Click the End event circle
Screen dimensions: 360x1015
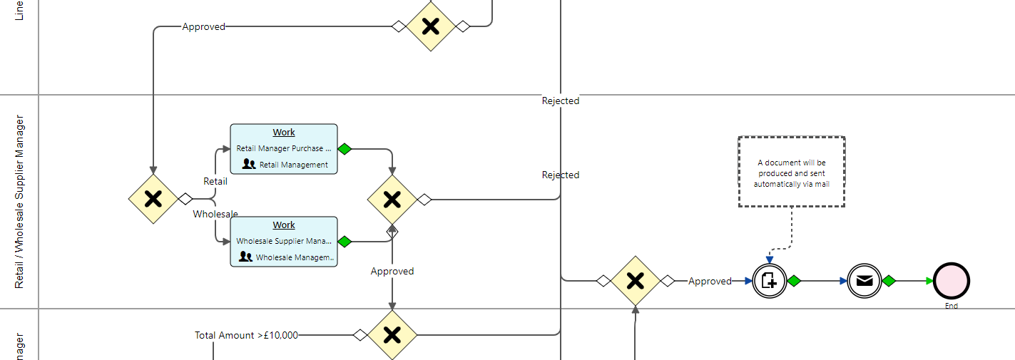(952, 281)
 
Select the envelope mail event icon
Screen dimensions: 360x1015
(864, 281)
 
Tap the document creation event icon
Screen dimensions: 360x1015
(769, 281)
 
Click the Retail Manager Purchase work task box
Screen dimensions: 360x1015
(283, 149)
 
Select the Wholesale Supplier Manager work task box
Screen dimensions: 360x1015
(283, 242)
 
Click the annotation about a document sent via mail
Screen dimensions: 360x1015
(791, 173)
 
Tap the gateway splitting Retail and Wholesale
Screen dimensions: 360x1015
(153, 199)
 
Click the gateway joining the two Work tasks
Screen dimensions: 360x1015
(392, 200)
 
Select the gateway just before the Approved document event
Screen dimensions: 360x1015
(635, 281)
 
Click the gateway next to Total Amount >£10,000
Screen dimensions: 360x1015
(392, 334)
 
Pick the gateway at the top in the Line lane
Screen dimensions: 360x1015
(430, 26)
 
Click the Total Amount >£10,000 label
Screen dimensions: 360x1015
(246, 335)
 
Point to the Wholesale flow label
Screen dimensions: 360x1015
(215, 214)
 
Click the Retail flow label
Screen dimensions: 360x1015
(215, 181)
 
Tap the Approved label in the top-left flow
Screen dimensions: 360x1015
(203, 27)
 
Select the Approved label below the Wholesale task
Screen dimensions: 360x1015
(392, 271)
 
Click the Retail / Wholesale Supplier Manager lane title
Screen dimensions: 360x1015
(19, 202)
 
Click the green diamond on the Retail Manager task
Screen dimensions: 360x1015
(345, 149)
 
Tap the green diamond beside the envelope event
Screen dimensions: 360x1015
(889, 281)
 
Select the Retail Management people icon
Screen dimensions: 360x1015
(248, 164)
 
